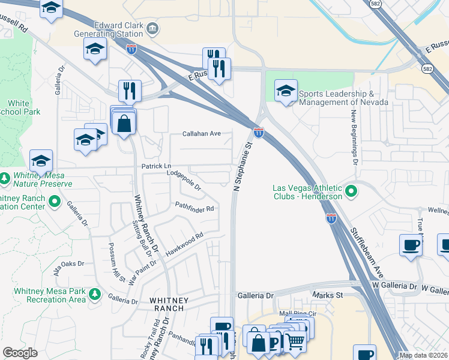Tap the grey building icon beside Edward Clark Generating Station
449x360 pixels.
click(x=153, y=28)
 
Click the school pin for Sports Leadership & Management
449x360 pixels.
click(x=286, y=91)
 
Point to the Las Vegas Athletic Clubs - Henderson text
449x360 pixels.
click(x=306, y=192)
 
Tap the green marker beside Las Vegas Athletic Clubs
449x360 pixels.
click(x=352, y=193)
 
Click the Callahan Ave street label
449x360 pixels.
click(x=202, y=134)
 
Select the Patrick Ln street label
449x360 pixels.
click(x=156, y=166)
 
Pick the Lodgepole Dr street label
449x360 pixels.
click(x=184, y=179)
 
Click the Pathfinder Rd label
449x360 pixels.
click(x=195, y=209)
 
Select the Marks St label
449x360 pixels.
click(x=327, y=295)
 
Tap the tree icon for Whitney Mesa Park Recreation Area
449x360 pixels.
click(x=94, y=294)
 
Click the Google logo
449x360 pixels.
click(x=20, y=353)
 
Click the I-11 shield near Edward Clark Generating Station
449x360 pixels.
click(x=131, y=49)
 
